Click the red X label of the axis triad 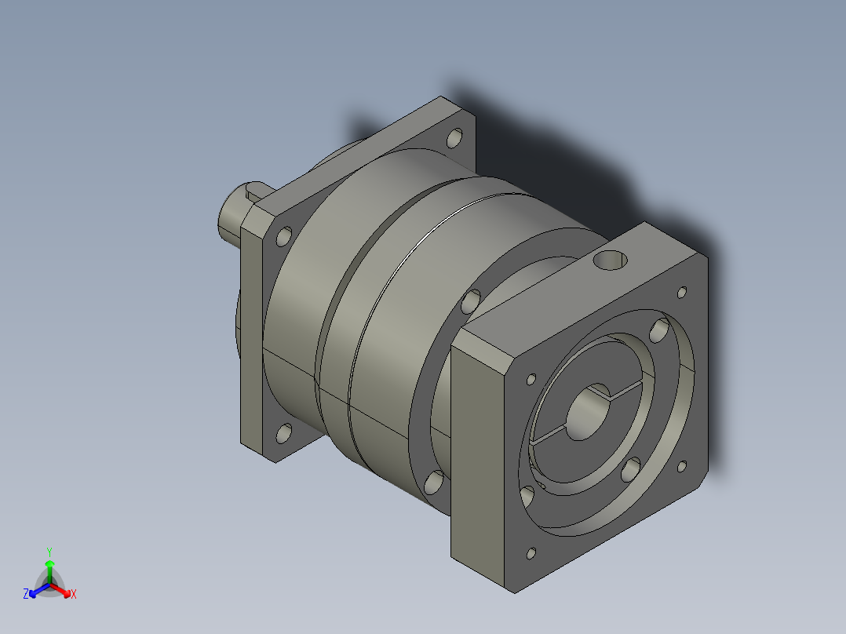pyautogui.click(x=74, y=594)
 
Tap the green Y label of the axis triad pyautogui.click(x=49, y=552)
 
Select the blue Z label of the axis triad pyautogui.click(x=26, y=594)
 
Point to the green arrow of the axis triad pyautogui.click(x=49, y=571)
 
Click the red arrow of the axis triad pyautogui.click(x=60, y=590)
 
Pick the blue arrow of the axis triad pyautogui.click(x=39, y=590)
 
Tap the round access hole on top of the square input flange pyautogui.click(x=611, y=261)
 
